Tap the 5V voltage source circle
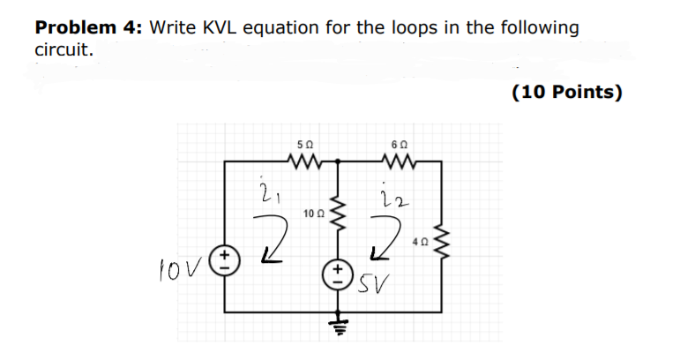coord(339,270)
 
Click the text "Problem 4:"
coord(88,27)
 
